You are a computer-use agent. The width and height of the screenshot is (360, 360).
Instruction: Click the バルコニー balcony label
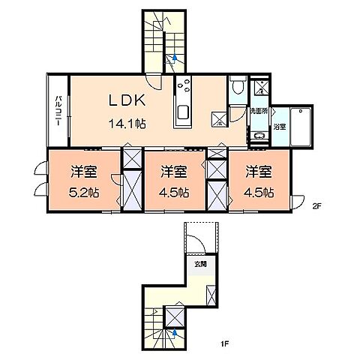(x=58, y=111)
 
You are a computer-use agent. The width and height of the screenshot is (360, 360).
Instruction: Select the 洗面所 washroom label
(x=259, y=111)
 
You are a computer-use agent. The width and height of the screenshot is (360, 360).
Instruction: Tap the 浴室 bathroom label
(x=278, y=127)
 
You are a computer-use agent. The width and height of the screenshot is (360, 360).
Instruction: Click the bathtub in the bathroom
(x=304, y=125)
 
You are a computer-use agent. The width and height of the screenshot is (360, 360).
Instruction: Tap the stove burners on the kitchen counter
(x=184, y=88)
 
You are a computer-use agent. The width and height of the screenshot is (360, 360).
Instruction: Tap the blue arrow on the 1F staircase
(x=175, y=330)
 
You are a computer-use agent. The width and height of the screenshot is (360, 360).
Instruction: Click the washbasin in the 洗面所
(x=259, y=136)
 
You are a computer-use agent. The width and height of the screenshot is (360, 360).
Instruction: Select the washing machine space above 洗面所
(x=259, y=87)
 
